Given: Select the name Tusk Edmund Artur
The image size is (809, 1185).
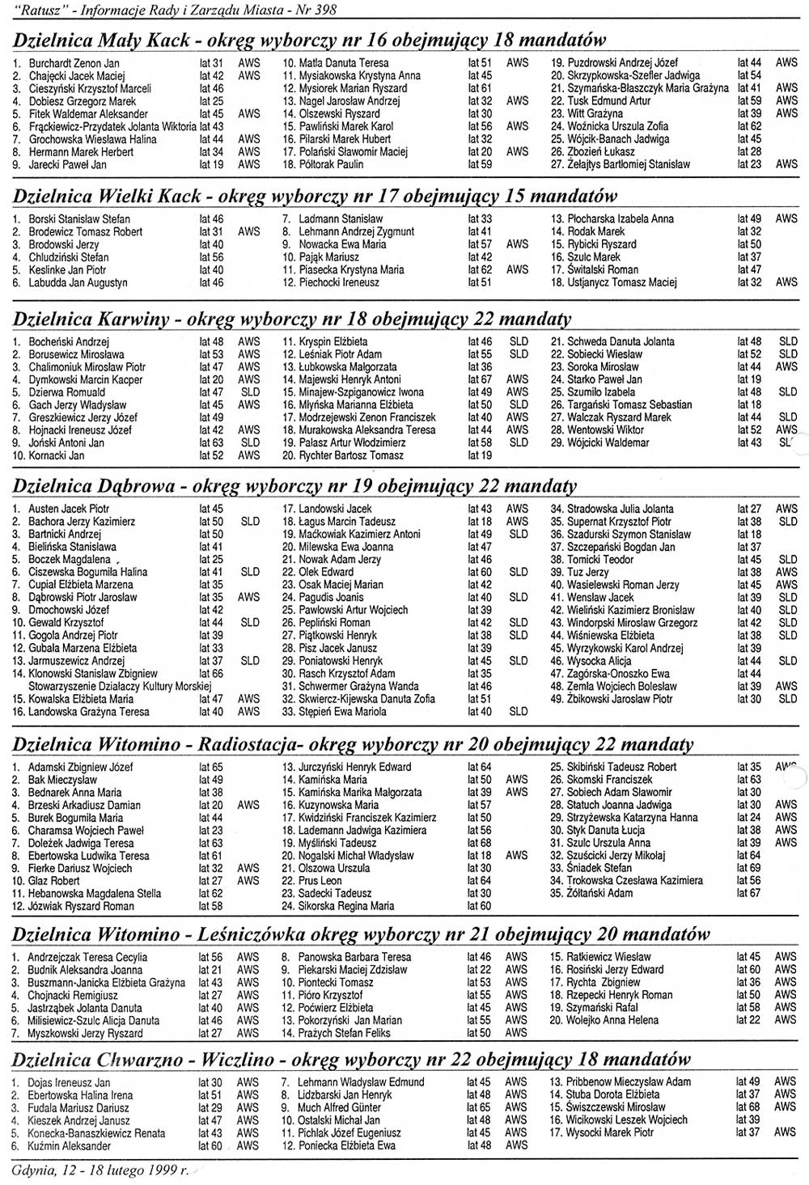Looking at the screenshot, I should (608, 101).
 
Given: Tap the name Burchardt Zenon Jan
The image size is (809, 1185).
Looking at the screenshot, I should (74, 63).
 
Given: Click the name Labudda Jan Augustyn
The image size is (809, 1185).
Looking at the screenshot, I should (78, 283).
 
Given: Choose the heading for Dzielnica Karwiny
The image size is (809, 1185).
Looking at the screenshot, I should (91, 320).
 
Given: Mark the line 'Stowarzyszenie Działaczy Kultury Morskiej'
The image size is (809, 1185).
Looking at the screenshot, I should (120, 686).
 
